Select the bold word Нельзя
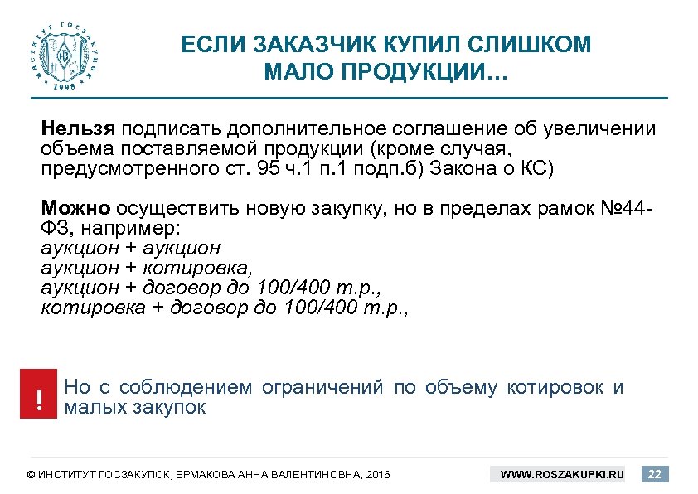click(x=79, y=129)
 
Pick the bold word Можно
click(x=76, y=207)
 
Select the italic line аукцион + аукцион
click(x=130, y=247)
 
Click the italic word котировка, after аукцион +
click(x=196, y=268)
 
